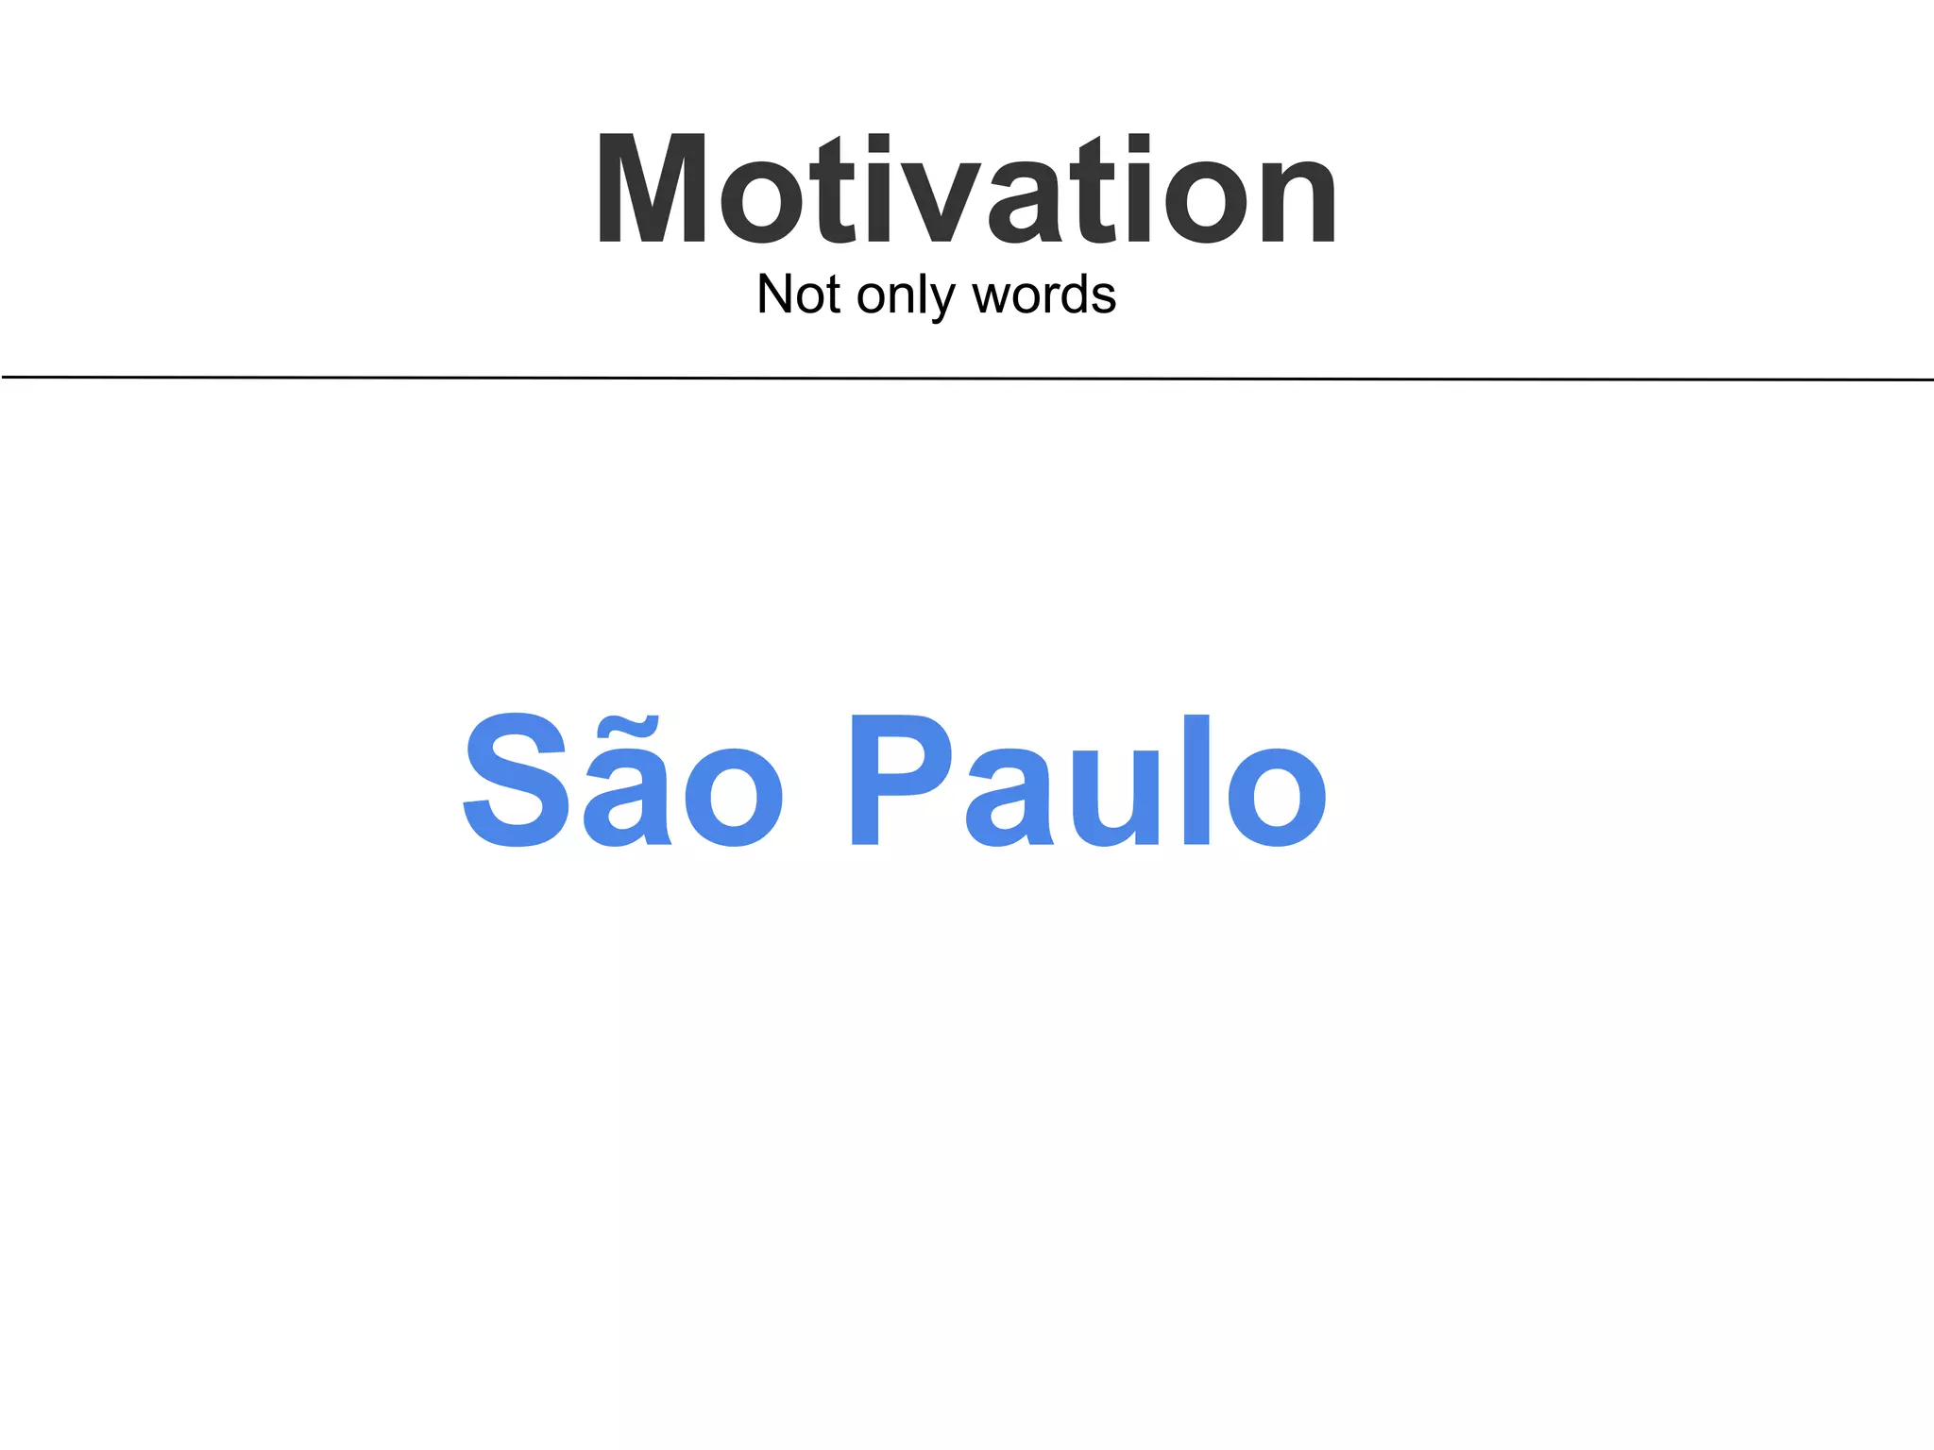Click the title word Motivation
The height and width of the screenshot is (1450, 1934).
point(965,189)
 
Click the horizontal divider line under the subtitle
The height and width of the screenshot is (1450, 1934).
point(967,379)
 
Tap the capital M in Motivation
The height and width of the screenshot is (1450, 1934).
point(652,189)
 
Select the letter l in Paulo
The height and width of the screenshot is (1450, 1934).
point(1196,780)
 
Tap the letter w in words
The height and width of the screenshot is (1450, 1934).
point(992,298)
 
